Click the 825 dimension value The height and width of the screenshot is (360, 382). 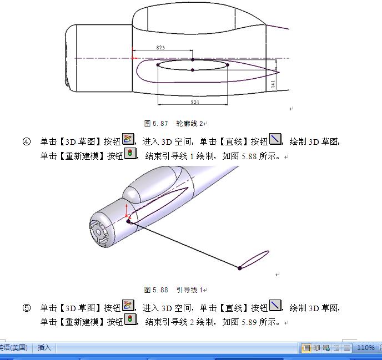coord(160,48)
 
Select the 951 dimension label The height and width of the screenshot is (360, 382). coord(195,102)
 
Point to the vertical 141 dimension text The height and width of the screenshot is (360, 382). coord(273,84)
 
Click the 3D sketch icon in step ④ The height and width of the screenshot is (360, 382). coord(128,139)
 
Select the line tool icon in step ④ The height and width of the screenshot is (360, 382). coord(275,139)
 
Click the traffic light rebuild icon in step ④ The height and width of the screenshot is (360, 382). coord(130,153)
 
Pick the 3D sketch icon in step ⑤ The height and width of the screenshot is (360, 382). coord(128,306)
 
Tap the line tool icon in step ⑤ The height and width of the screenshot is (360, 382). coord(275,306)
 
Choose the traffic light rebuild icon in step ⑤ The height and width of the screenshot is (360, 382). coord(130,320)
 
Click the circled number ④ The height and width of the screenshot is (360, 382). coord(27,141)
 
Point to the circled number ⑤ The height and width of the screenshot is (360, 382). coord(27,308)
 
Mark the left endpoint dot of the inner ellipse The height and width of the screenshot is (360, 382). coord(158,65)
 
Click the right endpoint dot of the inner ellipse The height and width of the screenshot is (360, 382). coord(228,65)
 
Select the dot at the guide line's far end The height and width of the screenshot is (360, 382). coord(239,268)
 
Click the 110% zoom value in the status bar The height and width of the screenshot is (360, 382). coord(365,347)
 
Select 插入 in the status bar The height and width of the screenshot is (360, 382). coord(44,347)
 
